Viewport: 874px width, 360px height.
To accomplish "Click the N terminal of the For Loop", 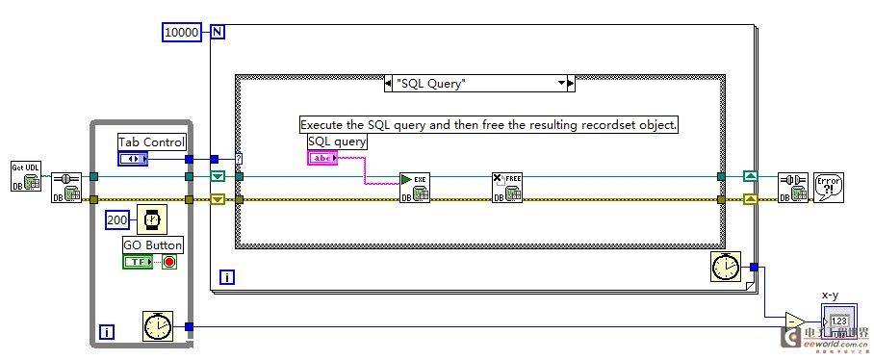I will click(x=218, y=32).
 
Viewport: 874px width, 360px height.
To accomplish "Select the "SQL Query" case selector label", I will click(x=479, y=84).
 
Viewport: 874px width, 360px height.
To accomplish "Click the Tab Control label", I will click(x=151, y=141).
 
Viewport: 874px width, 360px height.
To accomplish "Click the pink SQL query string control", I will click(x=322, y=158).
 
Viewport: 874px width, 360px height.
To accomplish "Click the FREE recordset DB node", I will click(x=507, y=187).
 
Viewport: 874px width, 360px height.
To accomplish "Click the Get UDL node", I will click(x=25, y=175).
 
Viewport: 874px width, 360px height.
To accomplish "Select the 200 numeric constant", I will click(x=116, y=219).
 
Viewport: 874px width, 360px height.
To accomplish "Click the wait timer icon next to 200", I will click(x=151, y=219).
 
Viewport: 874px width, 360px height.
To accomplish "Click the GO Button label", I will click(x=152, y=244).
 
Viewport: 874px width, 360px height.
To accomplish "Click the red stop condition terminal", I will click(x=169, y=261).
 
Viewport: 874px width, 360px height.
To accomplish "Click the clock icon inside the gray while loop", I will click(x=156, y=326).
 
